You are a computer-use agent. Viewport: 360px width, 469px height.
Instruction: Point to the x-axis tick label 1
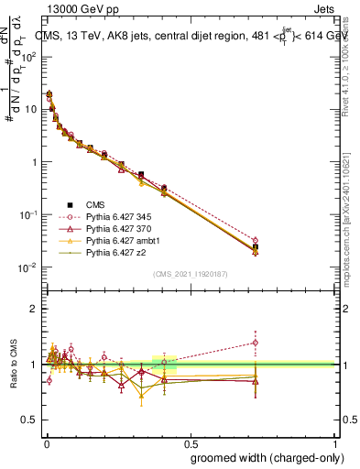(x=335, y=441)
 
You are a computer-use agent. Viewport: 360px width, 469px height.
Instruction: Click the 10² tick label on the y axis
(x=29, y=56)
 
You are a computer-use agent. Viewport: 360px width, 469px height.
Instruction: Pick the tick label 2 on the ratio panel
(x=34, y=309)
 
